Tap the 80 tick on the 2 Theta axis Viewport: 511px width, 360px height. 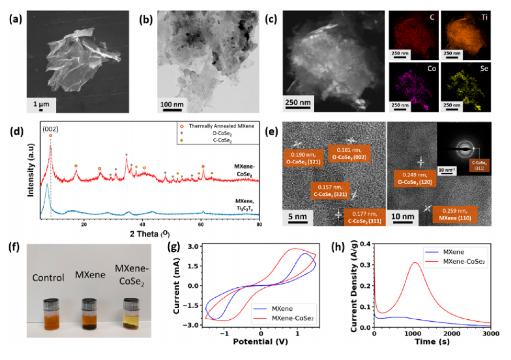click(259, 223)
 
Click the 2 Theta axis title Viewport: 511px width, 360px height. click(151, 233)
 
